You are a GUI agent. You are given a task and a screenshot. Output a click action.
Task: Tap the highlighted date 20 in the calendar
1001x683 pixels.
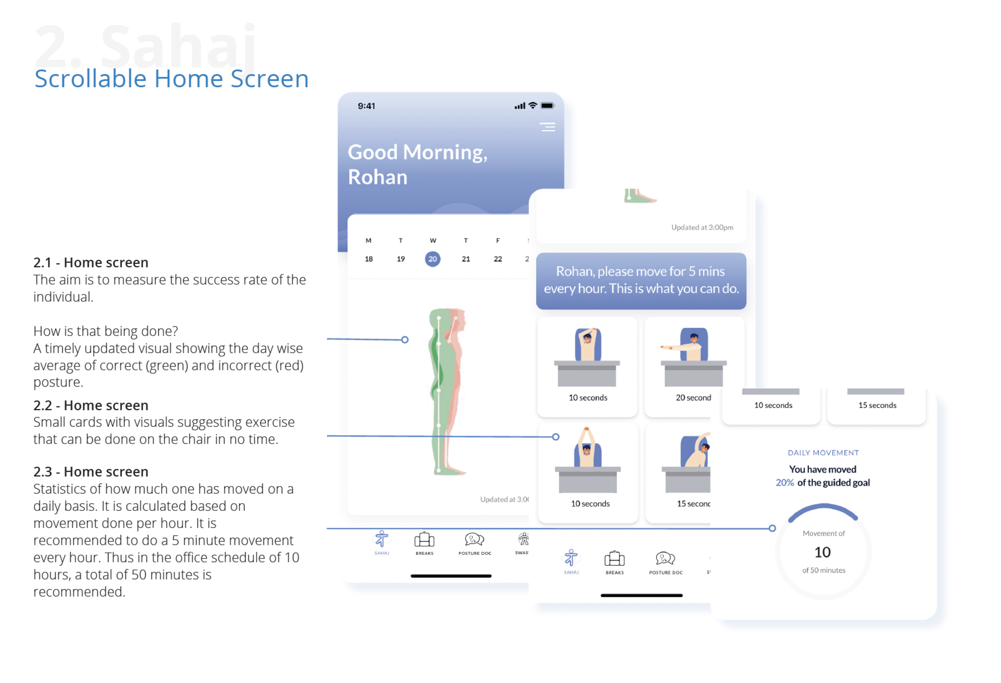tap(432, 259)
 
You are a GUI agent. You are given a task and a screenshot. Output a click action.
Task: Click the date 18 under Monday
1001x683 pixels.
tap(369, 259)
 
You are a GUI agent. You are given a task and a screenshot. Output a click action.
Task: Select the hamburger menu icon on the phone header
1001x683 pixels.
tap(548, 127)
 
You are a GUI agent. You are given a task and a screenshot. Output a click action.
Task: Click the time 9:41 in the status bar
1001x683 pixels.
tap(366, 106)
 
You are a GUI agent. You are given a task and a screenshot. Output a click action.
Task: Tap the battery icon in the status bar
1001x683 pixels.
tap(547, 106)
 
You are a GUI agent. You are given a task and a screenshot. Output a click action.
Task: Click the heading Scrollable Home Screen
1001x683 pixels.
tap(171, 78)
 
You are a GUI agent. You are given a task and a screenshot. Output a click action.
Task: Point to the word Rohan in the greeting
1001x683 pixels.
tap(377, 177)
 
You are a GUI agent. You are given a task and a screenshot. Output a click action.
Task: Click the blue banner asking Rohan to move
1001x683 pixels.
tap(641, 280)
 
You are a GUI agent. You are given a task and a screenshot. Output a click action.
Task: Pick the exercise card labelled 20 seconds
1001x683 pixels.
tap(694, 366)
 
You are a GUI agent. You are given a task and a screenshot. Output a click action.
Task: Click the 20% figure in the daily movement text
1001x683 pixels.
tap(784, 483)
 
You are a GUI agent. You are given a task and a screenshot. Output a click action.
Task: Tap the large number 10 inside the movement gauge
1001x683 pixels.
tap(822, 552)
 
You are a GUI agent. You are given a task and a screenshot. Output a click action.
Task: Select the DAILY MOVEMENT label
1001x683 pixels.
tap(823, 453)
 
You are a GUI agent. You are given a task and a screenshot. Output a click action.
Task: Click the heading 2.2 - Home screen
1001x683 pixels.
tap(91, 405)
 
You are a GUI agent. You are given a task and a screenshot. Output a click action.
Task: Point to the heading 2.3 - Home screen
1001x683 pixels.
tap(91, 472)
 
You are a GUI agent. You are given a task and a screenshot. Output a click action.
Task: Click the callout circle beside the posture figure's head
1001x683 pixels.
tap(405, 340)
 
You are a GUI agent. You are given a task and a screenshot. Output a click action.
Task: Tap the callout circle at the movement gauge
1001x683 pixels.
tap(772, 528)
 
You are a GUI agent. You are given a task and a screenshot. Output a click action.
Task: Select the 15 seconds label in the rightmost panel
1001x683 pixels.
tap(877, 405)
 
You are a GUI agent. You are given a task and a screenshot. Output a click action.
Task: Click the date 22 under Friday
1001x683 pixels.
tap(497, 259)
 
